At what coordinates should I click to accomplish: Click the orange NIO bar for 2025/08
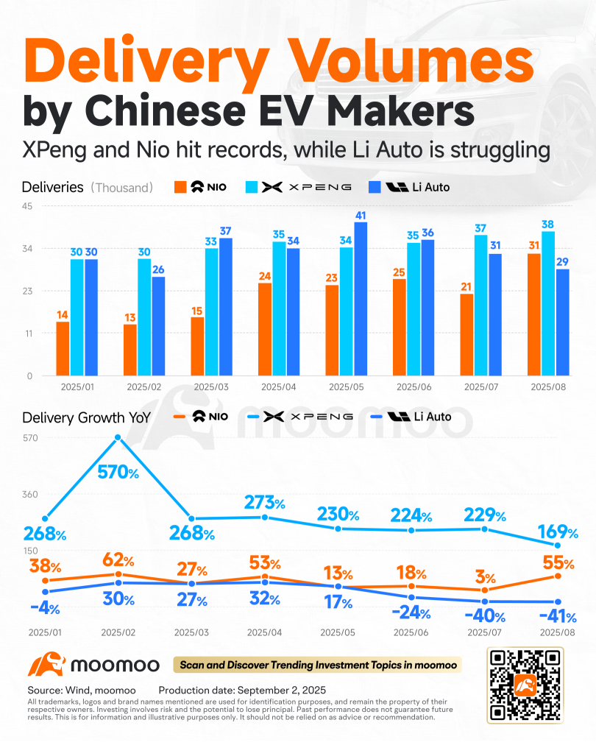tap(533, 314)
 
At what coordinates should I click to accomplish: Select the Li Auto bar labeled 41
tap(360, 298)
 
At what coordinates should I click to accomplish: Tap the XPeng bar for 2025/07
tap(480, 305)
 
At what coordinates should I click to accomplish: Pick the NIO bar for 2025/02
tap(130, 350)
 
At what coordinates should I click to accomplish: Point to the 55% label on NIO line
tap(558, 564)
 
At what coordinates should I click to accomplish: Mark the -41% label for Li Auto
tap(558, 616)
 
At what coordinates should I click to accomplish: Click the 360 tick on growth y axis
tap(29, 494)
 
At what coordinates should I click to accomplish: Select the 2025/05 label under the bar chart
tap(347, 386)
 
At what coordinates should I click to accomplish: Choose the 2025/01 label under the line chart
tap(46, 632)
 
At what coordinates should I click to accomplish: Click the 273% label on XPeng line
tap(265, 504)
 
